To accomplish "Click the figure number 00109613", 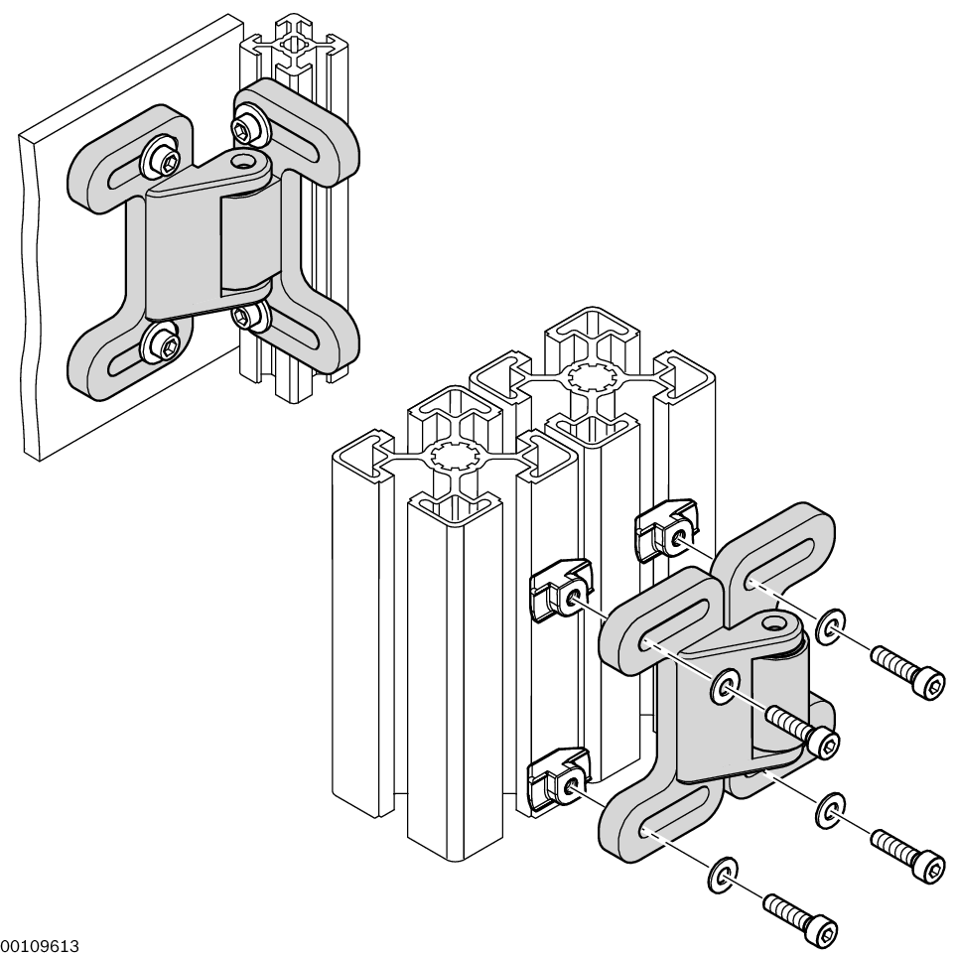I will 40,946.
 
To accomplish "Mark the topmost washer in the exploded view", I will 830,624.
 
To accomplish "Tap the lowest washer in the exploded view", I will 721,872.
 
